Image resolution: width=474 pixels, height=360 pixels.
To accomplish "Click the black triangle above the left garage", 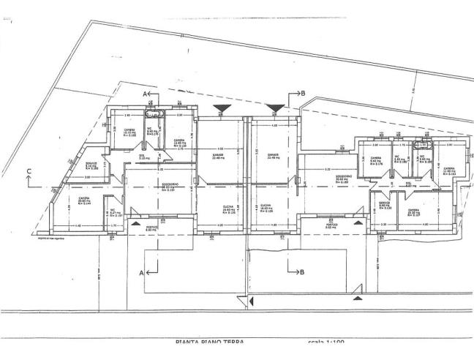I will [220, 109].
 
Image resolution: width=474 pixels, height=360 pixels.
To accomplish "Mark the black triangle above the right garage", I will [275, 109].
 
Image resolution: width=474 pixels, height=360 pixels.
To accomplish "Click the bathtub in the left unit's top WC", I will [154, 115].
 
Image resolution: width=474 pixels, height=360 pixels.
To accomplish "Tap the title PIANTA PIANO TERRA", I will [206, 341].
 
